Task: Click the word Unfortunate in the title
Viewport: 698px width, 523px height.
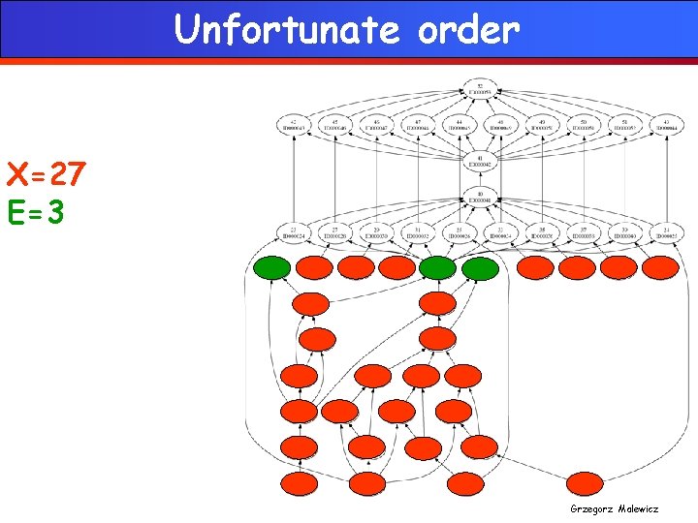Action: click(x=286, y=30)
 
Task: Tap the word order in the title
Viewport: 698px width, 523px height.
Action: click(x=468, y=30)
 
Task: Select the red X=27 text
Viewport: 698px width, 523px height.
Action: click(x=46, y=176)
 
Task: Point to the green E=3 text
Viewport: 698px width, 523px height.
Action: click(x=36, y=212)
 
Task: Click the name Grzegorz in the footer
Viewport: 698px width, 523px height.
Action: click(x=592, y=508)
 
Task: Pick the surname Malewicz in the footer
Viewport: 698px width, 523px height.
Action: click(x=641, y=508)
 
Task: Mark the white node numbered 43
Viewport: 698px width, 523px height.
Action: click(x=665, y=125)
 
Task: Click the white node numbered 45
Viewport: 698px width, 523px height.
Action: click(x=335, y=125)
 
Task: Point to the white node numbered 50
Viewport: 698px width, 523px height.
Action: click(x=583, y=125)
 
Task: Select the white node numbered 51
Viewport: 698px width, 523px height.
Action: click(x=623, y=125)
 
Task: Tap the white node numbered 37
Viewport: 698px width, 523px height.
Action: click(x=583, y=233)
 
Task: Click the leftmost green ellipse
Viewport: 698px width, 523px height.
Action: click(x=272, y=267)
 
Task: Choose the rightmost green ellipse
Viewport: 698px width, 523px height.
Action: click(x=480, y=268)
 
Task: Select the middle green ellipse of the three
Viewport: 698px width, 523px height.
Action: click(x=438, y=267)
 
